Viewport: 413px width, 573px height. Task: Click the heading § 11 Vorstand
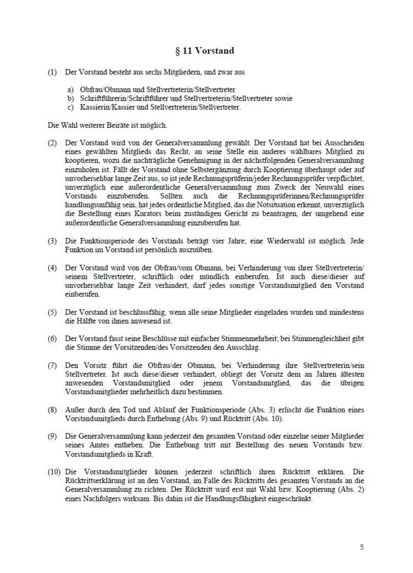coord(204,51)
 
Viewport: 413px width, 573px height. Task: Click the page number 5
coord(362,547)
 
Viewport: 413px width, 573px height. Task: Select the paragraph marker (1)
coord(53,73)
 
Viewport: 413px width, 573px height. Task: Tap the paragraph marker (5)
coord(53,313)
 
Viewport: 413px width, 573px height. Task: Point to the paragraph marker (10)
coord(55,471)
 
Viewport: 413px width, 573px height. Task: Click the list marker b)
coord(71,99)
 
